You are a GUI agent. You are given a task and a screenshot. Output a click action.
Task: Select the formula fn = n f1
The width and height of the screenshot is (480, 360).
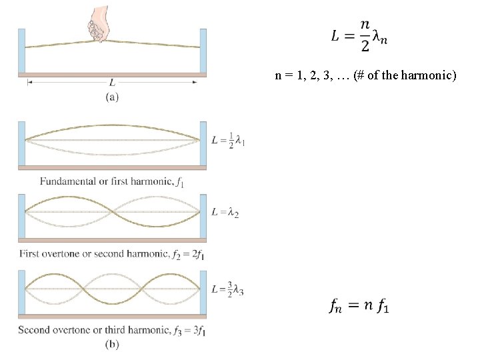click(359, 305)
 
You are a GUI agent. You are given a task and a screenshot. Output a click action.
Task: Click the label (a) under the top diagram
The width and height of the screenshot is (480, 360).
click(112, 97)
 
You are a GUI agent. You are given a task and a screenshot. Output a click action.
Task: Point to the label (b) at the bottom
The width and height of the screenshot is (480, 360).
click(112, 344)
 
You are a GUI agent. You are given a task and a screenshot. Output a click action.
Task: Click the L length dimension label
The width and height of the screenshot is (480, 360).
click(112, 83)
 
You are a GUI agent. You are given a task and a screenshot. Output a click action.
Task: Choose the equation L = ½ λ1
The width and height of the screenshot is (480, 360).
click(227, 141)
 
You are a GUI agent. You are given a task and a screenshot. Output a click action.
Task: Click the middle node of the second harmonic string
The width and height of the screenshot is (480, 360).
click(112, 212)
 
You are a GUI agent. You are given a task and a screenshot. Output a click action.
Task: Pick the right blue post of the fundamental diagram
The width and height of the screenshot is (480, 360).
click(203, 143)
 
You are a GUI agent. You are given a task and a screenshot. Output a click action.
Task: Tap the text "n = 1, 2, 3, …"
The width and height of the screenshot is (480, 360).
click(313, 75)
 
